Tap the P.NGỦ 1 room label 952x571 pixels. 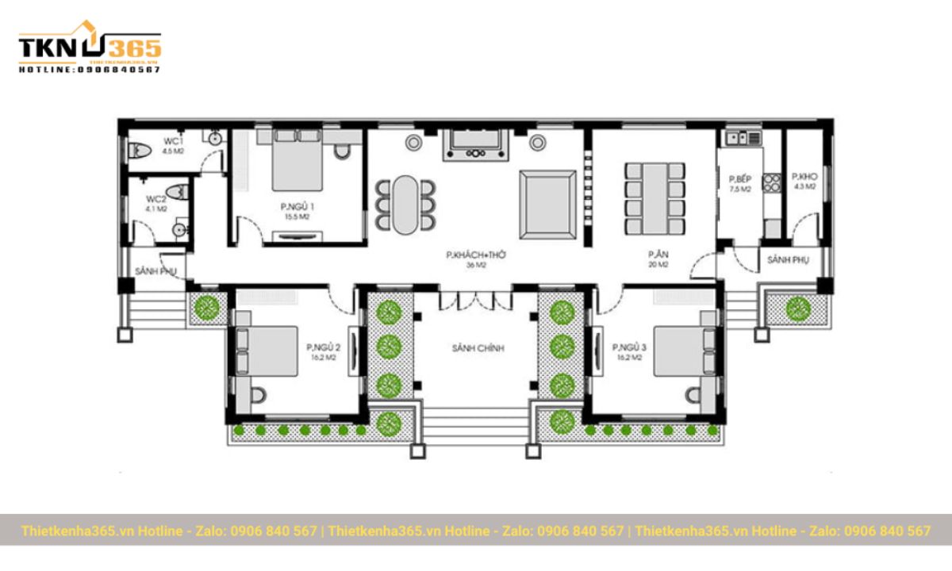293,210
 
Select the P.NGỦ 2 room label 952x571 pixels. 323,352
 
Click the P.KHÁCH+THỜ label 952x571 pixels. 476,259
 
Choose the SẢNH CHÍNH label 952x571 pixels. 478,348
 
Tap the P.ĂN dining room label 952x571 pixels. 656,259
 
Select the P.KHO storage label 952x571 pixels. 804,180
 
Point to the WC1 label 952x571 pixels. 173,145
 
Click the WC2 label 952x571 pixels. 155,204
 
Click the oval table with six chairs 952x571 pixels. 405,205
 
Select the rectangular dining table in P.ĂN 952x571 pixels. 655,198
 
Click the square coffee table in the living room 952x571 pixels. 547,204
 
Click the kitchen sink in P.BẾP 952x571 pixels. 739,138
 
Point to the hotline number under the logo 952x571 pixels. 89,70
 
